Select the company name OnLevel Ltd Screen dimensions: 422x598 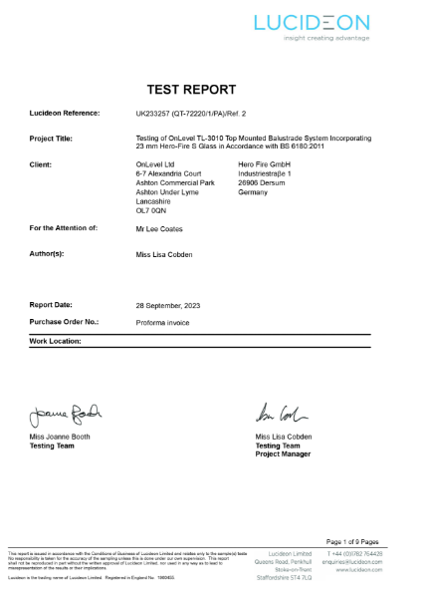(x=154, y=161)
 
